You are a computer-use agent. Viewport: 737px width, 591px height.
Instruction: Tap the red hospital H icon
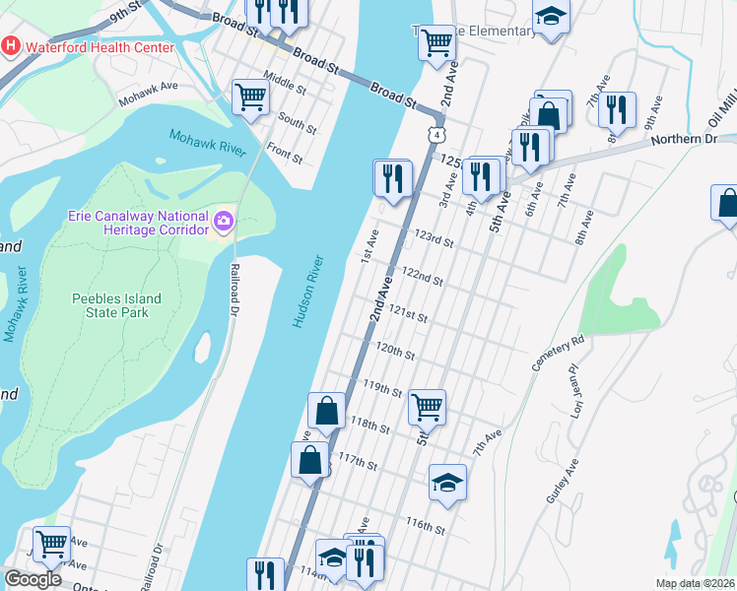[11, 46]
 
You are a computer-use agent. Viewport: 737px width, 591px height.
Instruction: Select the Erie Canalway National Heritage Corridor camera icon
[223, 221]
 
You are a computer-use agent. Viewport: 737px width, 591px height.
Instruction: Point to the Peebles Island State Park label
[116, 305]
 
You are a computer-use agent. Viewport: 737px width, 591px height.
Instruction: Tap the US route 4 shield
[435, 134]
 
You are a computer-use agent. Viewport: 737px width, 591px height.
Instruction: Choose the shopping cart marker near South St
[251, 98]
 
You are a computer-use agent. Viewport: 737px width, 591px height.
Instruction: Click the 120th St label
[394, 351]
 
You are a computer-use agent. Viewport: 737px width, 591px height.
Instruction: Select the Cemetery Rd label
[562, 347]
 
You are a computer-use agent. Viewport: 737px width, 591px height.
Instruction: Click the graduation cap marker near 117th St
[447, 483]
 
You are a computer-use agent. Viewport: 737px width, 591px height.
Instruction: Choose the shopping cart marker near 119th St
[427, 406]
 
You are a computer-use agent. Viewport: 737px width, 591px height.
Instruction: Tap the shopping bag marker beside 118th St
[327, 411]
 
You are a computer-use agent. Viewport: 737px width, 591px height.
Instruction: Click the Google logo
[32, 579]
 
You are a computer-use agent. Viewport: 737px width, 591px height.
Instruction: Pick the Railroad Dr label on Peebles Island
[235, 290]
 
